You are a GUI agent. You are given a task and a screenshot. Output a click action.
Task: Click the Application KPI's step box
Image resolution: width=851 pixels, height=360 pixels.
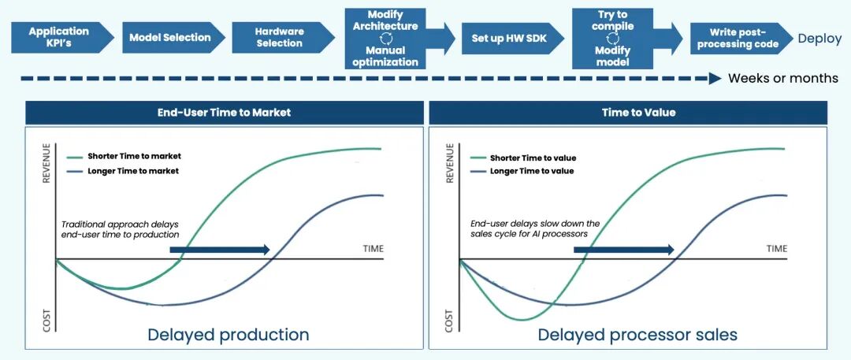pos(60,37)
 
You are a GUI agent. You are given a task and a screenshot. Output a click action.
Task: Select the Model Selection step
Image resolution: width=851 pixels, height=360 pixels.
pos(169,37)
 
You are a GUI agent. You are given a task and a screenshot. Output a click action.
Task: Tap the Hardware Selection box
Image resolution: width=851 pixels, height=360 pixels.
pos(279,37)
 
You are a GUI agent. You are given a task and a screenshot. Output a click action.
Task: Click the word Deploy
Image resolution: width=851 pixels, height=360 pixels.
pos(819,39)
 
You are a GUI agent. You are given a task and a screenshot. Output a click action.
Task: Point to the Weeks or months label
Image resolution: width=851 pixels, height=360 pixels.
pos(782,78)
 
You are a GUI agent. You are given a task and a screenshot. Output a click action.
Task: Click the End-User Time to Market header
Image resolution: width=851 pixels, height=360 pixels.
pos(224,113)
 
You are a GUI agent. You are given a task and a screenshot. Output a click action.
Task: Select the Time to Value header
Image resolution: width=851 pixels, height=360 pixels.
pos(627,113)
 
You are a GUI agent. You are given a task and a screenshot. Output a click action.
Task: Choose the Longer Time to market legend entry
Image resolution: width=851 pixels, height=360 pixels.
pos(132,170)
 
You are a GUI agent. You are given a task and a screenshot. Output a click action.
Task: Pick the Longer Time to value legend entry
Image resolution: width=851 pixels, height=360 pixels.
pos(531,171)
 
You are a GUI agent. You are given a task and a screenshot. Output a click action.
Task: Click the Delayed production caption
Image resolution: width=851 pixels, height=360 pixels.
pos(229,334)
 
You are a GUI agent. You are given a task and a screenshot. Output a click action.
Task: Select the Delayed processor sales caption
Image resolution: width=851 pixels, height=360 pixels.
pos(637,334)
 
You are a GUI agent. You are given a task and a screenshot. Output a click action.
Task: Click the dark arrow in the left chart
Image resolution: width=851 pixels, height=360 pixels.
pos(220,250)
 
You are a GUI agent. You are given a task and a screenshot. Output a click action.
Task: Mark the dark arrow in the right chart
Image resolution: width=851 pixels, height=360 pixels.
pos(623,250)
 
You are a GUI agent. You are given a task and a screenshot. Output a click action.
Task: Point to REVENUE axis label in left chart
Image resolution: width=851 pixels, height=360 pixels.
pos(46,163)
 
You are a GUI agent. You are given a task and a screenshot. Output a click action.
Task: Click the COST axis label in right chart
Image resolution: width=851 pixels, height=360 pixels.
pos(449,320)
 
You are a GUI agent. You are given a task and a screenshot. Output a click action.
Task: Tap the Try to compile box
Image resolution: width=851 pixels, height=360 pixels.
pos(612,38)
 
